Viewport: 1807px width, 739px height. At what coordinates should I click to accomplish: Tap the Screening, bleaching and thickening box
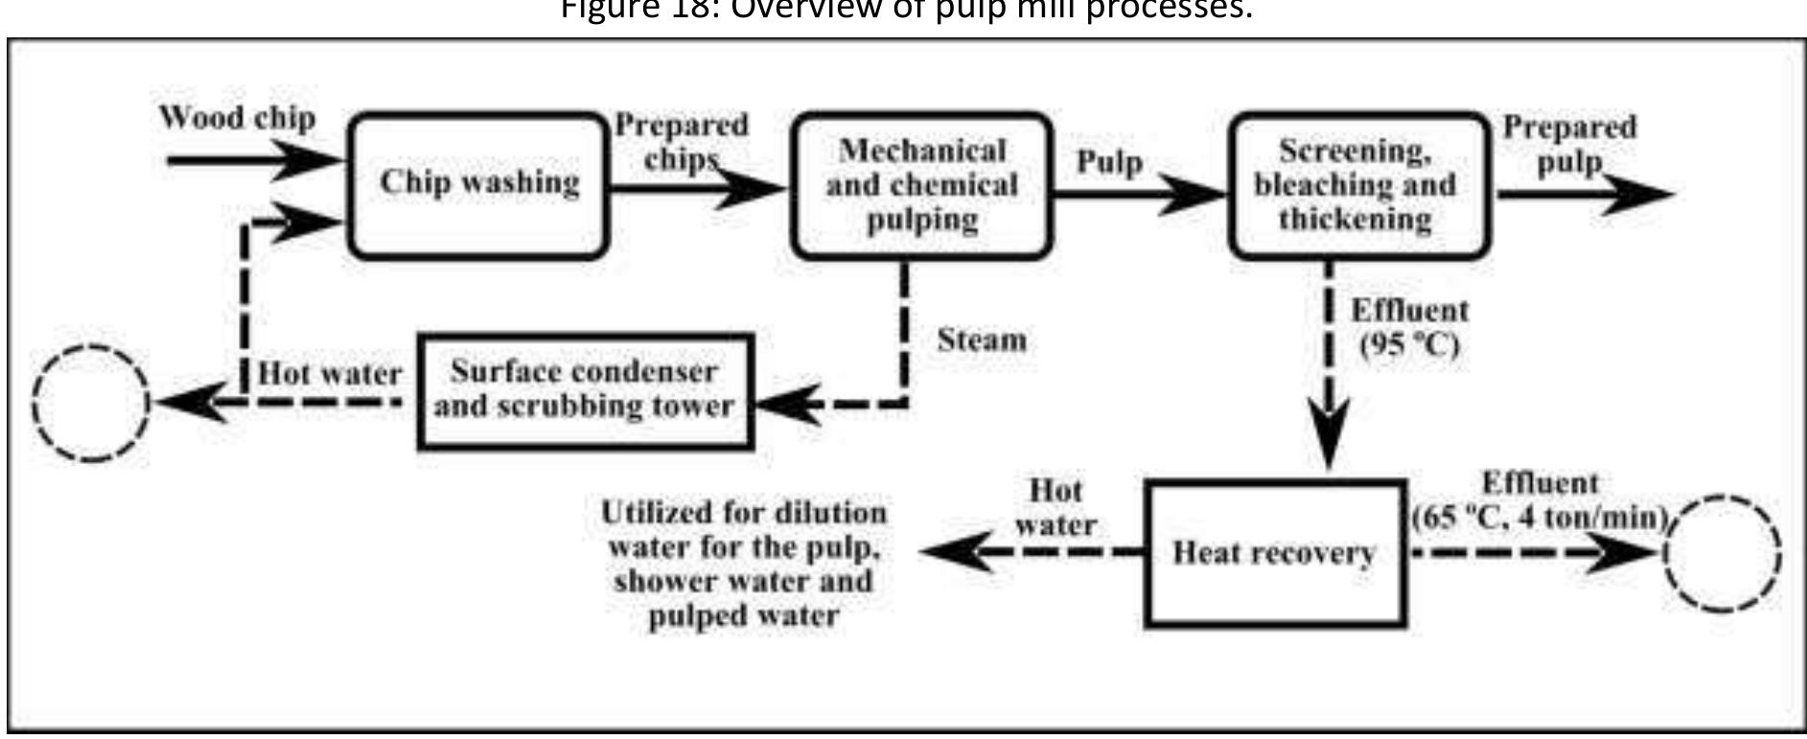tap(1359, 185)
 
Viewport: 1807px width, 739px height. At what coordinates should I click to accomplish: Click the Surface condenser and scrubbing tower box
tap(585, 390)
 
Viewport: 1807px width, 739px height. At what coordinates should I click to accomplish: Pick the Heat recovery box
tap(1275, 554)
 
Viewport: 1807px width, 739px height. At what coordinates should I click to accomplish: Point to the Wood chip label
tap(237, 118)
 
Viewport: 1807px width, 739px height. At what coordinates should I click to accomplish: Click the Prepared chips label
tap(681, 141)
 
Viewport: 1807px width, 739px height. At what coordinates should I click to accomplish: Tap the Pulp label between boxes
tap(1109, 162)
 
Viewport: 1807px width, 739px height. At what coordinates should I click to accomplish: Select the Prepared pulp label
tap(1568, 144)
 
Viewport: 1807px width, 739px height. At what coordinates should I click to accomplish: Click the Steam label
tap(981, 340)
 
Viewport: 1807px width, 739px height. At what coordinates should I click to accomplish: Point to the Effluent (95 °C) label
tap(1408, 328)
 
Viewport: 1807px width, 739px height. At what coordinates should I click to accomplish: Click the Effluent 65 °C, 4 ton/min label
tap(1540, 500)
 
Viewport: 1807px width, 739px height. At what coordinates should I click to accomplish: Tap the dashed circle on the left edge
tap(91, 403)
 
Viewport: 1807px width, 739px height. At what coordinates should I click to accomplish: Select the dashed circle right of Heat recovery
tap(1723, 553)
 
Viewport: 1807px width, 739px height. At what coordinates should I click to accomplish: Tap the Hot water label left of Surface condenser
tap(329, 374)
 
